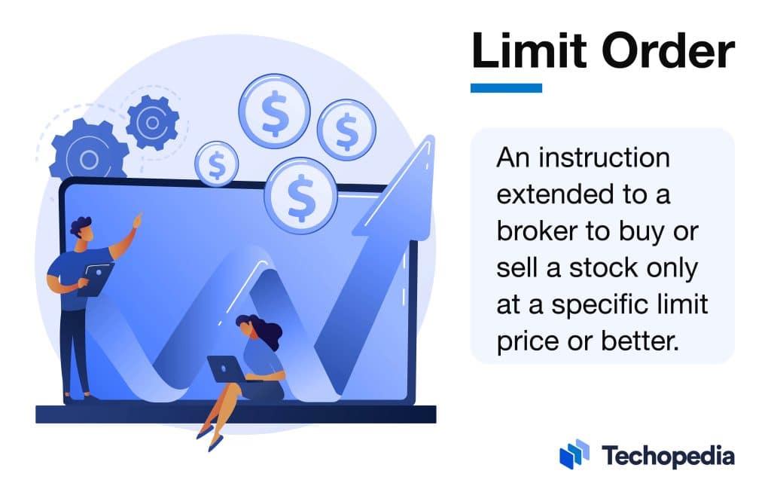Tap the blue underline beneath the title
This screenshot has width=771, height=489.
506,88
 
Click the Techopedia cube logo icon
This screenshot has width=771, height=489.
574,454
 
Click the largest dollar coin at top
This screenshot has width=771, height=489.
274,112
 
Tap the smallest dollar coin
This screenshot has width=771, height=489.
217,164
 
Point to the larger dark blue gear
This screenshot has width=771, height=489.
88,158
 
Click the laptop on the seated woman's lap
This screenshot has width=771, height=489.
225,368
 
